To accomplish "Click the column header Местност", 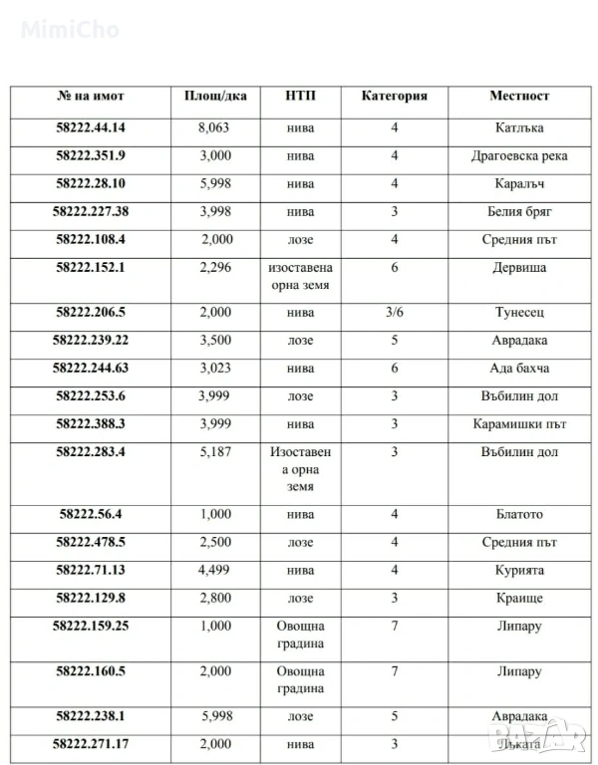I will pos(519,97).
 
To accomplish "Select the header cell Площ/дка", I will pos(214,97).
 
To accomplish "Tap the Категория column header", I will pos(394,97).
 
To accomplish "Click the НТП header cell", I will pos(301,97).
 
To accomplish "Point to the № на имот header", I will pos(91,97).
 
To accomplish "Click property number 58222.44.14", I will pos(91,128).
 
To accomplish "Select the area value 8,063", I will pos(214,128).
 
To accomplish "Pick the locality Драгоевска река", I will pos(519,156).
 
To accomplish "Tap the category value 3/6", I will pos(394,313).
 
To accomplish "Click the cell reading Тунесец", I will pos(519,313).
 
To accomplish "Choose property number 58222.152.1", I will pos(91,268).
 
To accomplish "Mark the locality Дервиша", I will pos(519,268).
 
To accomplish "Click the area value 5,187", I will pos(214,452).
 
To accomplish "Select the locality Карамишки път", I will pos(519,424).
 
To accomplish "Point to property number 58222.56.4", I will pos(91,515).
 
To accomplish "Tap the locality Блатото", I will pos(519,515).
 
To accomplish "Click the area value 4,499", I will pos(214,571).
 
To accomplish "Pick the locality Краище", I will pos(519,599).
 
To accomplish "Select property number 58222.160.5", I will pos(91,671).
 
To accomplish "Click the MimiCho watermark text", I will pos(70,30).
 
